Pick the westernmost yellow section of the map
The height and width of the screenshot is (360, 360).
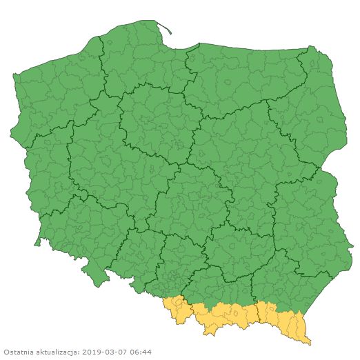coord(177,310)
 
